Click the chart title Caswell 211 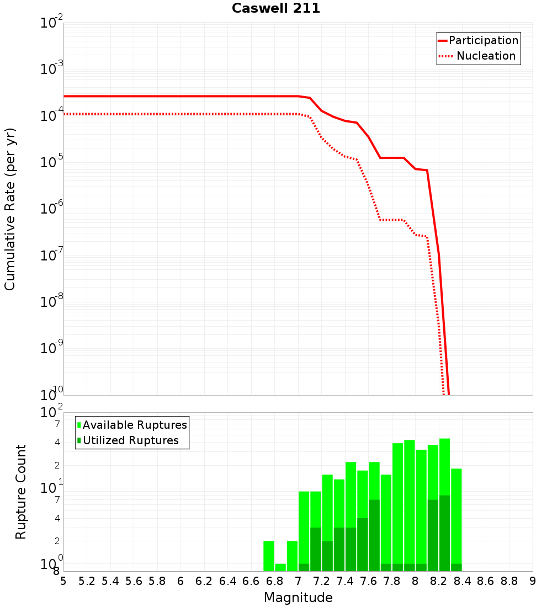[276, 9]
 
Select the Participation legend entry [483, 41]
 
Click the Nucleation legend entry [486, 56]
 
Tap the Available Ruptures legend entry [135, 425]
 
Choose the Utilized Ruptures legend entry [130, 440]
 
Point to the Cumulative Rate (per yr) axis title [10, 209]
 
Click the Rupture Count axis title [21, 492]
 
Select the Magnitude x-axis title [298, 598]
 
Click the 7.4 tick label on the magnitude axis [345, 581]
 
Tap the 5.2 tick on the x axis [87, 581]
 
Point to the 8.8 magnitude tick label [509, 581]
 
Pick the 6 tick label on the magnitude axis [181, 581]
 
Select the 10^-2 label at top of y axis [52, 23]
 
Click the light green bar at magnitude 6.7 [269, 556]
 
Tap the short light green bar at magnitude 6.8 [280, 567]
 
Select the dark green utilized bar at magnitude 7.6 [374, 535]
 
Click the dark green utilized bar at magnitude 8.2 [445, 533]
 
